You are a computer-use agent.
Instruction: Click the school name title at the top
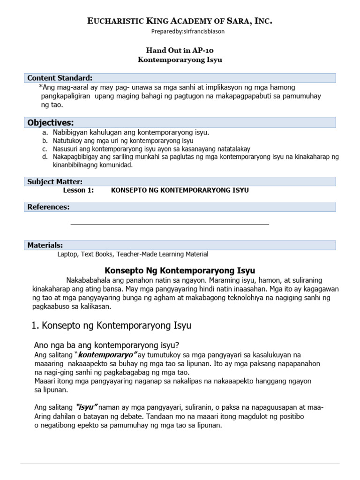[x=180, y=21]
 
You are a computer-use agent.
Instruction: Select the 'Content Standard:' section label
[x=60, y=78]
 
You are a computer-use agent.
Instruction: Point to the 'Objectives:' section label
[x=50, y=122]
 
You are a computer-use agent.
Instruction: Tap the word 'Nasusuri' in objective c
[x=66, y=149]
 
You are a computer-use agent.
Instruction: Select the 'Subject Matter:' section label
[x=55, y=181]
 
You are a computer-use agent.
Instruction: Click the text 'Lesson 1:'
[x=78, y=190]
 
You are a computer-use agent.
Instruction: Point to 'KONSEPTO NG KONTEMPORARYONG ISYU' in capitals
[x=180, y=190]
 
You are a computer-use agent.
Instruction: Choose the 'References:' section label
[x=48, y=207]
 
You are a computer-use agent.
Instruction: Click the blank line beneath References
[x=170, y=225]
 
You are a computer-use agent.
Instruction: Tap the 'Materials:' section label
[x=45, y=245]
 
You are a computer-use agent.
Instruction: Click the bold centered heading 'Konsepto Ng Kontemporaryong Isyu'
[x=180, y=270]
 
